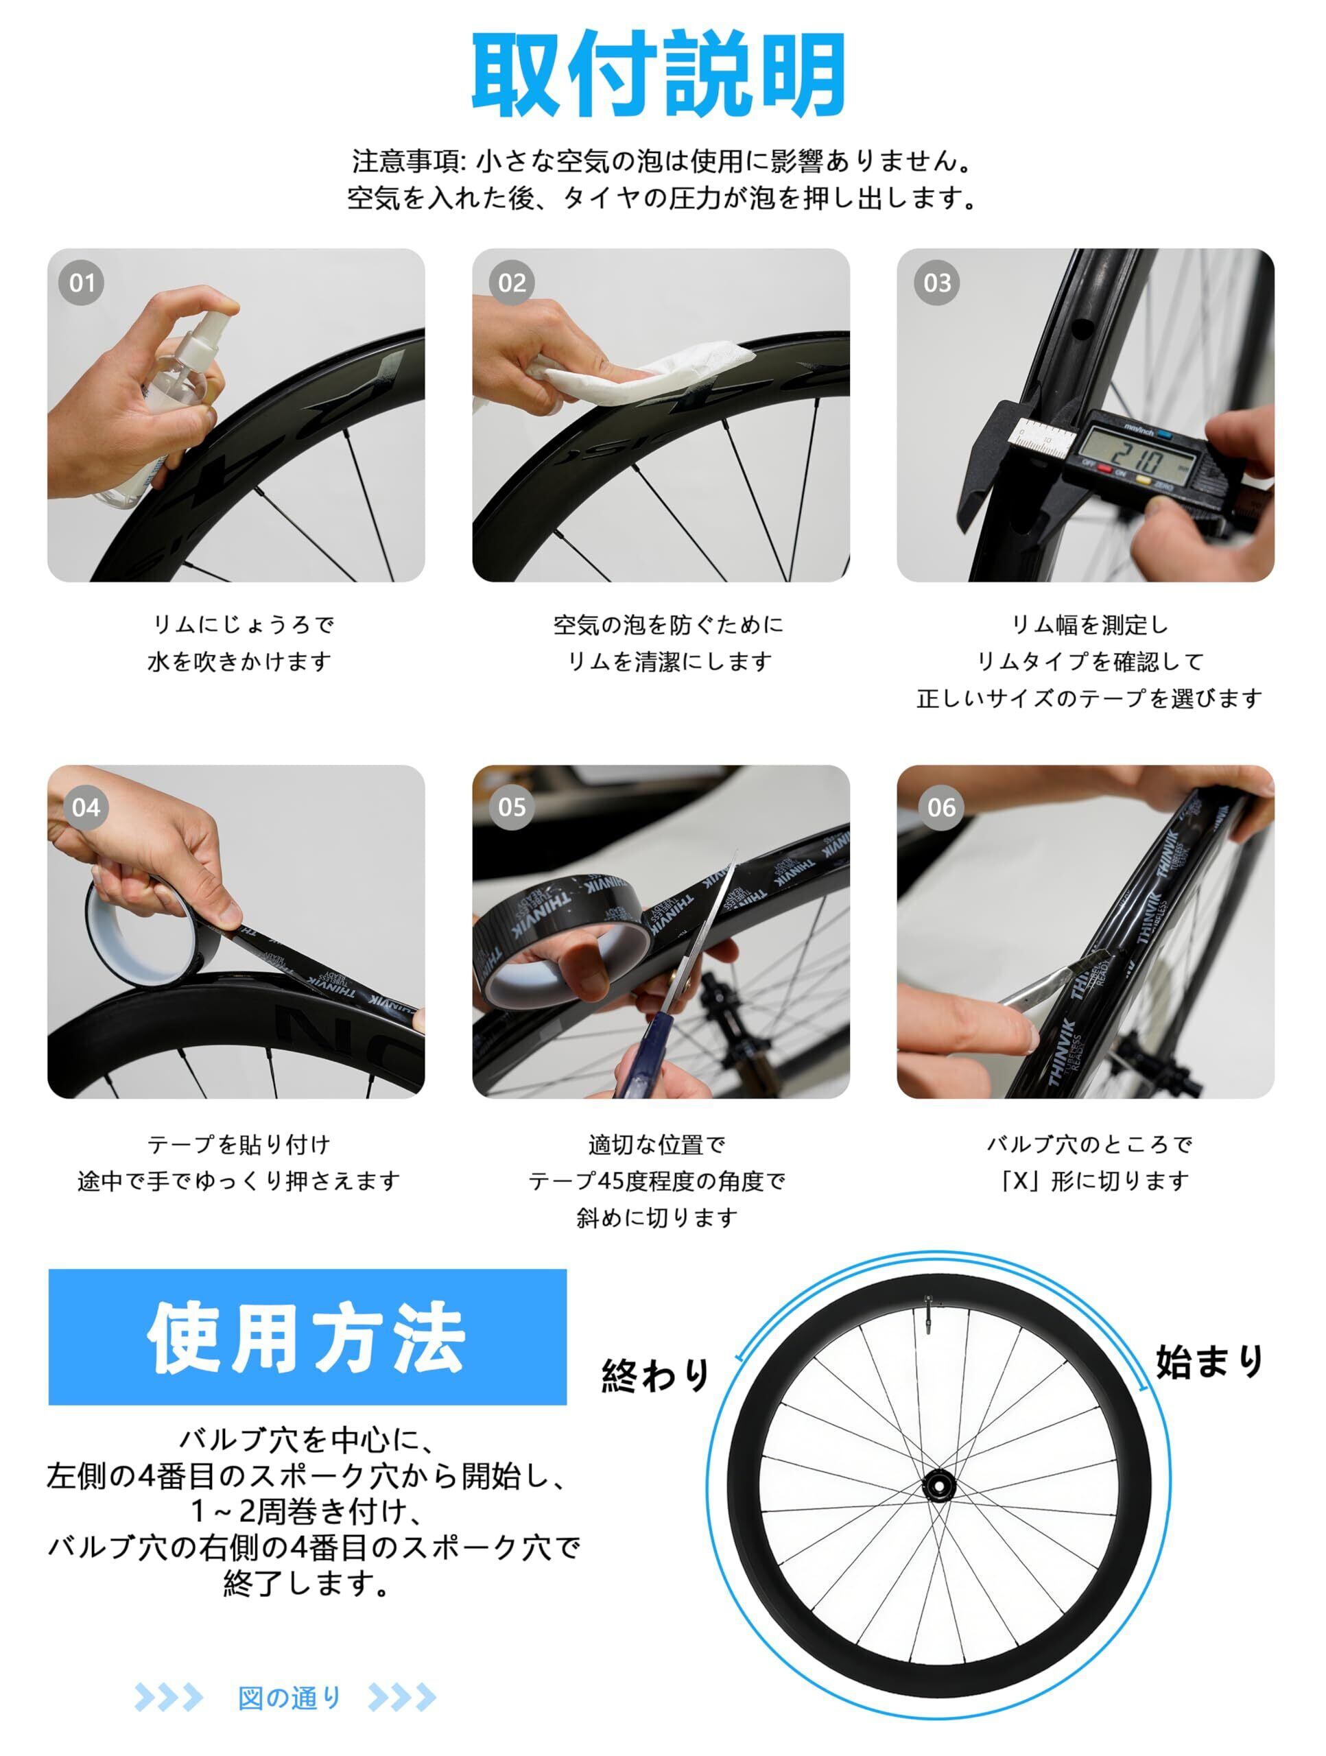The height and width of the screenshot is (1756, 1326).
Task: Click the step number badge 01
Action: point(82,283)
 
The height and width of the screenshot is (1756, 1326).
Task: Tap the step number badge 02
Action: point(512,283)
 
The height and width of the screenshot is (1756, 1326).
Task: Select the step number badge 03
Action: point(937,283)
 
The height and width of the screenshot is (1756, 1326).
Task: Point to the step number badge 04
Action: point(86,807)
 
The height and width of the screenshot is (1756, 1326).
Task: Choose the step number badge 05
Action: point(512,807)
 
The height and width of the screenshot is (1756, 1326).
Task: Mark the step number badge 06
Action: point(942,807)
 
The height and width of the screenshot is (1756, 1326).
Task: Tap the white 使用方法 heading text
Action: point(306,1338)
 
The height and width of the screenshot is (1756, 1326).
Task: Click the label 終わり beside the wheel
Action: point(656,1374)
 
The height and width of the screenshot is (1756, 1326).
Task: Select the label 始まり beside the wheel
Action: point(1209,1361)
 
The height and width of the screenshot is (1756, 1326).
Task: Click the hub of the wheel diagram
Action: point(938,1484)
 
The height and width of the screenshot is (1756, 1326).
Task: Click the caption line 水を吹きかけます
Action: point(239,661)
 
